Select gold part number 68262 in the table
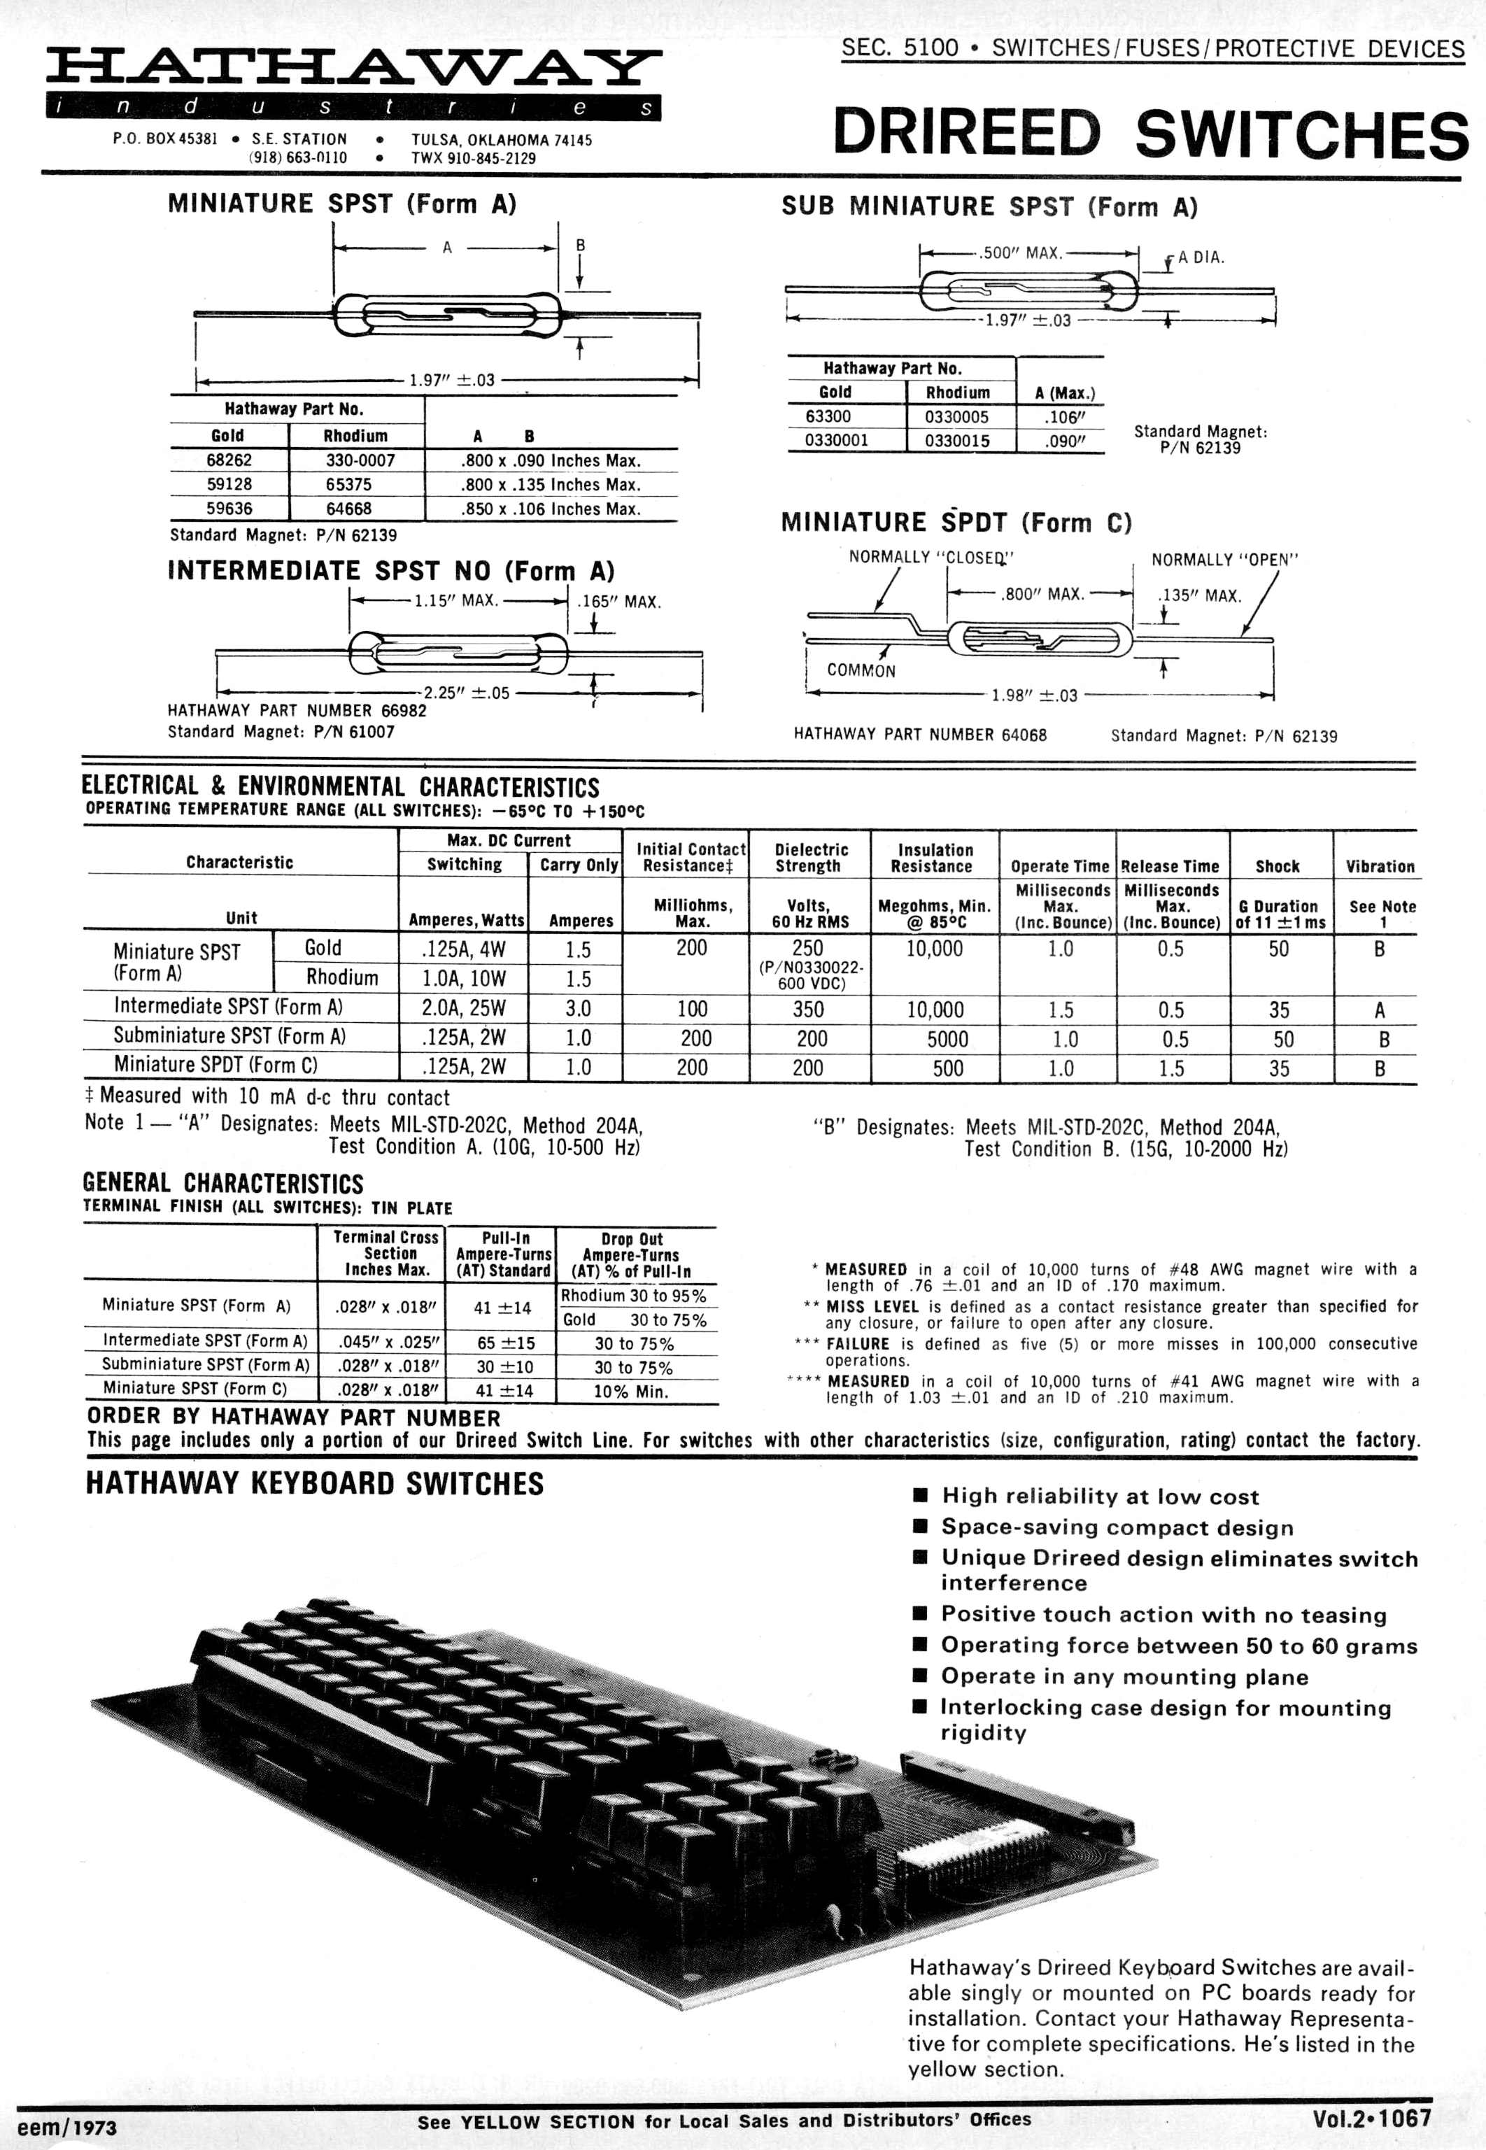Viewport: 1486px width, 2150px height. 229,460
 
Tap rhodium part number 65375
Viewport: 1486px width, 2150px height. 355,484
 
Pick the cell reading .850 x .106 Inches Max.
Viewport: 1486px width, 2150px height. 551,509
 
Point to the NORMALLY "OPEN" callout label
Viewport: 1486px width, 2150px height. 1224,560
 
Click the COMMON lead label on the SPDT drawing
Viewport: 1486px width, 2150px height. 861,670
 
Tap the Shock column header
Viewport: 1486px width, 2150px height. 1277,866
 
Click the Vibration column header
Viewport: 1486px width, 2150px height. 1379,866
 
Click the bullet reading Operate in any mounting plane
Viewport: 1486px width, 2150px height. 1124,1677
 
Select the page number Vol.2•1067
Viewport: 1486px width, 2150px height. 1371,2119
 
